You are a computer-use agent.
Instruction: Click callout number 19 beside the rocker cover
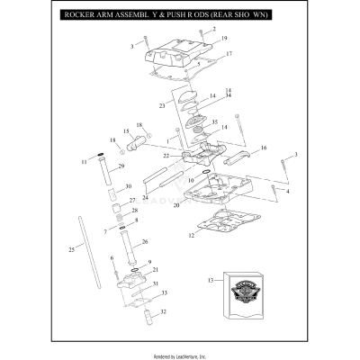(x=223, y=39)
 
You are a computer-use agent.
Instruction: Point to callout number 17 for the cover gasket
(x=229, y=54)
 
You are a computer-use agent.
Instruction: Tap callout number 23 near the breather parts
(x=162, y=106)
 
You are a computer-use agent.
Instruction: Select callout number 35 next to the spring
(x=214, y=121)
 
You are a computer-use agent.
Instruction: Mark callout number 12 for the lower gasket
(x=191, y=236)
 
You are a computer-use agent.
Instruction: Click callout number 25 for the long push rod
(x=71, y=248)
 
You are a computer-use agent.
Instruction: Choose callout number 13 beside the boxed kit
(x=211, y=281)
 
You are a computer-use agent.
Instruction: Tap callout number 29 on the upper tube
(x=121, y=166)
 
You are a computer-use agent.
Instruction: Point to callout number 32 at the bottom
(x=163, y=312)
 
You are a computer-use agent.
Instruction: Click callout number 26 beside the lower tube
(x=146, y=242)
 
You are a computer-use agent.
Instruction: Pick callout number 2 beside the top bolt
(x=214, y=29)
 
